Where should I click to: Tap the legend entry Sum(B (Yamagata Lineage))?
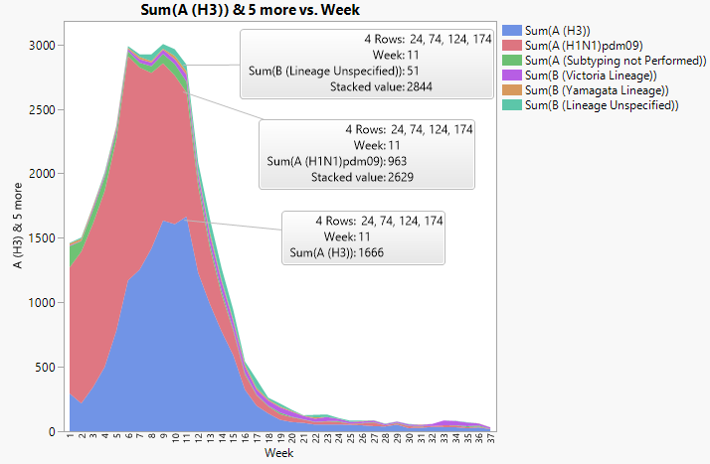pos(596,90)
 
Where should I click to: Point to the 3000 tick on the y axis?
pos(42,45)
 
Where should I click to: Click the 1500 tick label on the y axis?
pos(42,238)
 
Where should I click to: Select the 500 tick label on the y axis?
pos(45,368)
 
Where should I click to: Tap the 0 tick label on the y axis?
pos(52,432)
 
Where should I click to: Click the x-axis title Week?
pos(278,454)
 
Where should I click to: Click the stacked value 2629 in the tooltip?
pos(393,177)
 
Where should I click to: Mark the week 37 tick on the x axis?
pos(489,439)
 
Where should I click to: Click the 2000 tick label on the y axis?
pos(42,174)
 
